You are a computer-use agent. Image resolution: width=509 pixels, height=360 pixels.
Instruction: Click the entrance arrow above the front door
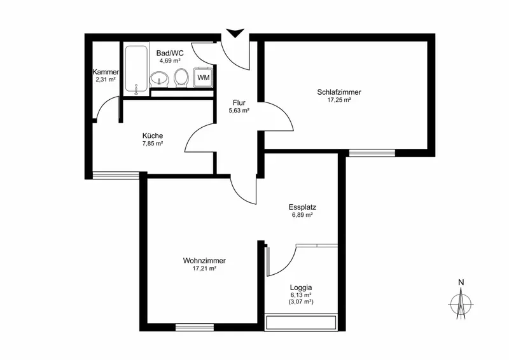click(235, 33)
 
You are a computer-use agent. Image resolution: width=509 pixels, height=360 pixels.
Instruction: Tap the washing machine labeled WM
click(203, 77)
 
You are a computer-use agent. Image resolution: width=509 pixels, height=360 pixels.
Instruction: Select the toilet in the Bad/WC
click(182, 78)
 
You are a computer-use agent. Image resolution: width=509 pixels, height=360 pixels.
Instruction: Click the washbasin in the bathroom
click(159, 79)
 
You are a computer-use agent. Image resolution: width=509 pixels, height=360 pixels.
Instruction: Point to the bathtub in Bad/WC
click(136, 70)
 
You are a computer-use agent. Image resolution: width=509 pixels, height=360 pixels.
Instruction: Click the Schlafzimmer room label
click(339, 92)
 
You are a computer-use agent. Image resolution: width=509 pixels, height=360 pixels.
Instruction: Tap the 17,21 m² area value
click(204, 268)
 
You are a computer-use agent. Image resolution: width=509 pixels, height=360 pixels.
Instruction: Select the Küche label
click(153, 135)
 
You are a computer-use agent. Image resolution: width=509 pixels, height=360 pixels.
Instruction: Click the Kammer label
click(106, 72)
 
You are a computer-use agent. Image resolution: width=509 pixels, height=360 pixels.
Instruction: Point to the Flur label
click(239, 103)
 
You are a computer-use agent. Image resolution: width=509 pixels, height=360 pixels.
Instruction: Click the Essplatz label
click(302, 207)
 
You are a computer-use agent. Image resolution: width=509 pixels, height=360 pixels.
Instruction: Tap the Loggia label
click(301, 287)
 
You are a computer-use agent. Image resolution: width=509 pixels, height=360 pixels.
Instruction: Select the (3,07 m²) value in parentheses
click(301, 302)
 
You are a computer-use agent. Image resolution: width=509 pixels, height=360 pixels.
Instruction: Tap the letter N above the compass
click(461, 282)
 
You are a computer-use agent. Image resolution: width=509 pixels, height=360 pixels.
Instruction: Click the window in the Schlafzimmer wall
click(372, 153)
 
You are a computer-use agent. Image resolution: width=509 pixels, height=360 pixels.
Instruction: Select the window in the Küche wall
click(116, 176)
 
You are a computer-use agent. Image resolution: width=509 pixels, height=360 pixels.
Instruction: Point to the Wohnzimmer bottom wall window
click(195, 327)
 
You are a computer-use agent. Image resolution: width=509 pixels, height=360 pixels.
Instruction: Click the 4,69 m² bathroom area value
click(170, 60)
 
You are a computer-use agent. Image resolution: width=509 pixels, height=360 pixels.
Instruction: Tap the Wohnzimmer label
click(204, 261)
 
